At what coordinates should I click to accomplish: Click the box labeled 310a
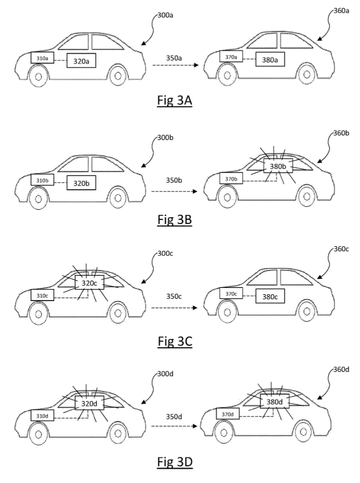click(x=42, y=58)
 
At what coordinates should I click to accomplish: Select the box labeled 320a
click(x=81, y=60)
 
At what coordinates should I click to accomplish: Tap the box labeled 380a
click(x=270, y=59)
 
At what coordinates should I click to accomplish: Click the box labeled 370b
click(x=231, y=179)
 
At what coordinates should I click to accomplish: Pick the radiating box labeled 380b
click(x=278, y=166)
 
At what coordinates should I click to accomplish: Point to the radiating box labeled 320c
click(x=89, y=283)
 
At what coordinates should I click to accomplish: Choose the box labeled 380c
click(x=270, y=296)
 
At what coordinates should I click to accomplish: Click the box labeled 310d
click(x=42, y=416)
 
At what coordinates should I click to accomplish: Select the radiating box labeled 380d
click(x=274, y=401)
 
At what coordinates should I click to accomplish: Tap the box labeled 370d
click(x=228, y=415)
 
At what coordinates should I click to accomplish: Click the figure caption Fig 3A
click(x=175, y=100)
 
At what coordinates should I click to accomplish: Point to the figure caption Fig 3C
click(x=175, y=342)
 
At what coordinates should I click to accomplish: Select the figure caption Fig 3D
click(x=175, y=462)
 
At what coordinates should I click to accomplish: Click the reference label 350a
click(x=174, y=58)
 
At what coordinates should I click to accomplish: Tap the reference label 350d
click(x=174, y=416)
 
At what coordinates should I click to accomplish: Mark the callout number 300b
click(x=165, y=137)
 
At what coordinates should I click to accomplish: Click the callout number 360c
click(x=341, y=249)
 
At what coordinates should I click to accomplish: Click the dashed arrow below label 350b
click(x=174, y=191)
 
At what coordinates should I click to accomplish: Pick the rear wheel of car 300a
click(x=117, y=75)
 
